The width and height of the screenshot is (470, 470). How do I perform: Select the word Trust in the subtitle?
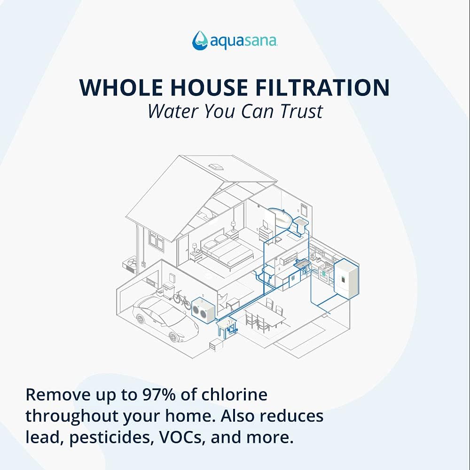pos(302,111)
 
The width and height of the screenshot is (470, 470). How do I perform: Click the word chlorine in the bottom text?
pos(234,394)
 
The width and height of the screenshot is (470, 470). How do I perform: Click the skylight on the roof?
pos(216,167)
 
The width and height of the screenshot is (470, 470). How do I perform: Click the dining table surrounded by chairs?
pos(265,316)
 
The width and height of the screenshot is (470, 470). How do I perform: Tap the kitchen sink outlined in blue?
pos(302,264)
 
